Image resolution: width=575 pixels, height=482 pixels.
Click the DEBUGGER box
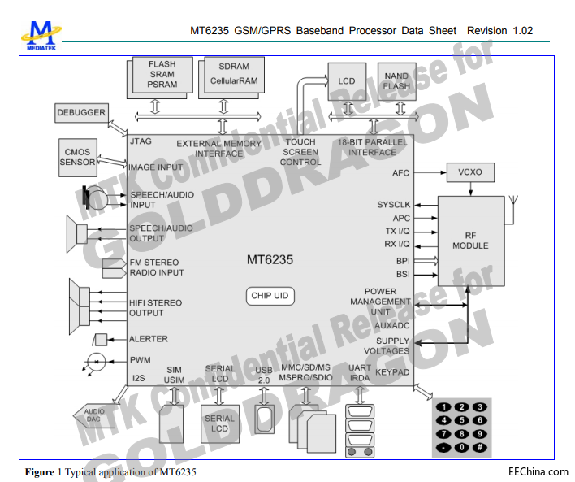[80, 113]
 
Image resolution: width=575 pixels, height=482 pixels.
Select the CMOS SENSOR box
[77, 156]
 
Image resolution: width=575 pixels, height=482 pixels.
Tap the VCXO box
[471, 172]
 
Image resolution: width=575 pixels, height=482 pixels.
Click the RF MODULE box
[471, 240]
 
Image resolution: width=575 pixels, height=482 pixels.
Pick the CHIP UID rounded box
[270, 296]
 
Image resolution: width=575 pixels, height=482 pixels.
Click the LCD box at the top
[347, 81]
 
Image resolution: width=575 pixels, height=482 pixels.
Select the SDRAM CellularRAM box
[230, 74]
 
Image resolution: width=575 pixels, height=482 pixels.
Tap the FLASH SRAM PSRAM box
[162, 74]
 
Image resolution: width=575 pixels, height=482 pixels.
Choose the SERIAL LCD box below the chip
[218, 423]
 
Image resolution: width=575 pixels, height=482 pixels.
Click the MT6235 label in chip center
[270, 260]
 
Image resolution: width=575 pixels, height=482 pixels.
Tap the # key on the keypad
[481, 446]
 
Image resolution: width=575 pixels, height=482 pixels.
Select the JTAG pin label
[141, 141]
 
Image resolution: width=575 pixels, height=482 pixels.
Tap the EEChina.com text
[538, 471]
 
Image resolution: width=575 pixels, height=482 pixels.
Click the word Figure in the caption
[38, 471]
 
